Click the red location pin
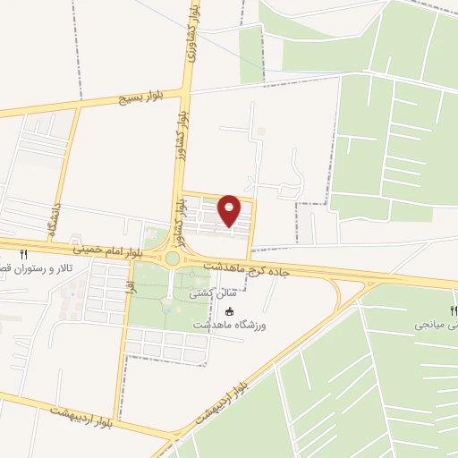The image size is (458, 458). pyautogui.click(x=230, y=209)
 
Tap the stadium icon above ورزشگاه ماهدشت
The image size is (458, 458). pyautogui.click(x=230, y=311)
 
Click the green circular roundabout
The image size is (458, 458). pyautogui.click(x=172, y=259)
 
